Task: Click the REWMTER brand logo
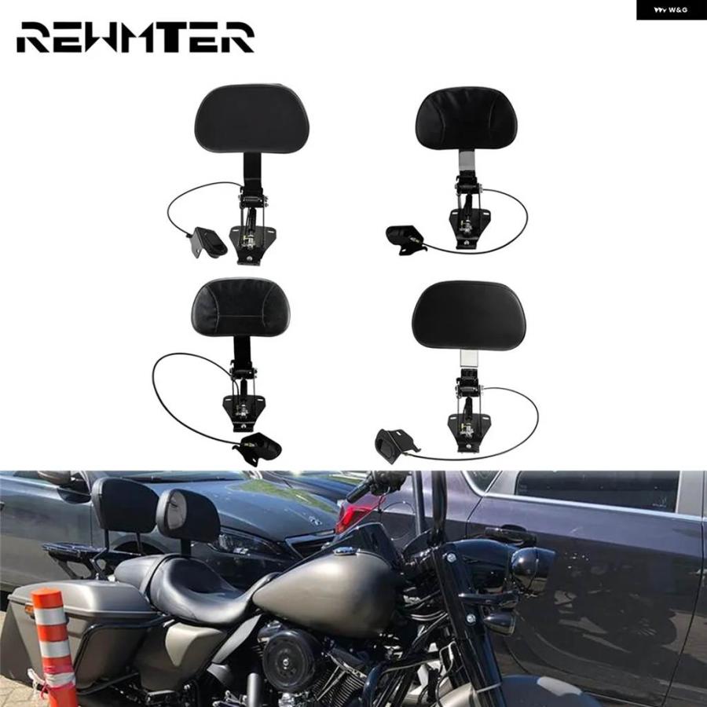click(x=135, y=37)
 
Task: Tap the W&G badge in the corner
click(x=672, y=9)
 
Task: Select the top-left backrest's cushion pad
click(x=252, y=119)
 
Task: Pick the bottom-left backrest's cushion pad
click(x=241, y=307)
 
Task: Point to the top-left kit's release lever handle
click(x=209, y=242)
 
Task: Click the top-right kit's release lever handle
click(x=405, y=239)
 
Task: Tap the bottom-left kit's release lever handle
click(x=259, y=449)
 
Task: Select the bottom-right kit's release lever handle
click(x=394, y=445)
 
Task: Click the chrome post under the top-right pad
click(x=466, y=164)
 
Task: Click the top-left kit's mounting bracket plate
click(x=252, y=244)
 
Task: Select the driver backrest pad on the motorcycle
click(x=188, y=515)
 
